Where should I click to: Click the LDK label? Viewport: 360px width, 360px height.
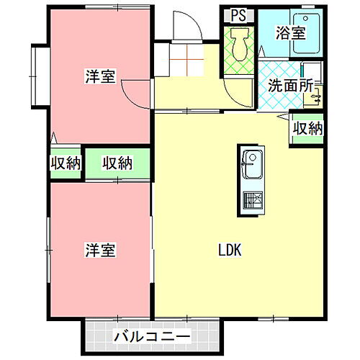click(229, 251)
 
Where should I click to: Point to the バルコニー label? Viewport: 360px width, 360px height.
click(151, 336)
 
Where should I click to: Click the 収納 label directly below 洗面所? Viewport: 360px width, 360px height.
click(307, 129)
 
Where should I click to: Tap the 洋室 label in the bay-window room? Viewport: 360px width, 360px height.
click(100, 77)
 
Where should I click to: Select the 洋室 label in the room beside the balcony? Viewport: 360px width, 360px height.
click(100, 251)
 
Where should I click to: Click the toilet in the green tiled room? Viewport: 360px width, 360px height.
click(239, 45)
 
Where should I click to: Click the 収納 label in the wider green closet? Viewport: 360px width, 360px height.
click(117, 163)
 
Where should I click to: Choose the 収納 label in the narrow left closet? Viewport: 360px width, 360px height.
click(66, 163)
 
